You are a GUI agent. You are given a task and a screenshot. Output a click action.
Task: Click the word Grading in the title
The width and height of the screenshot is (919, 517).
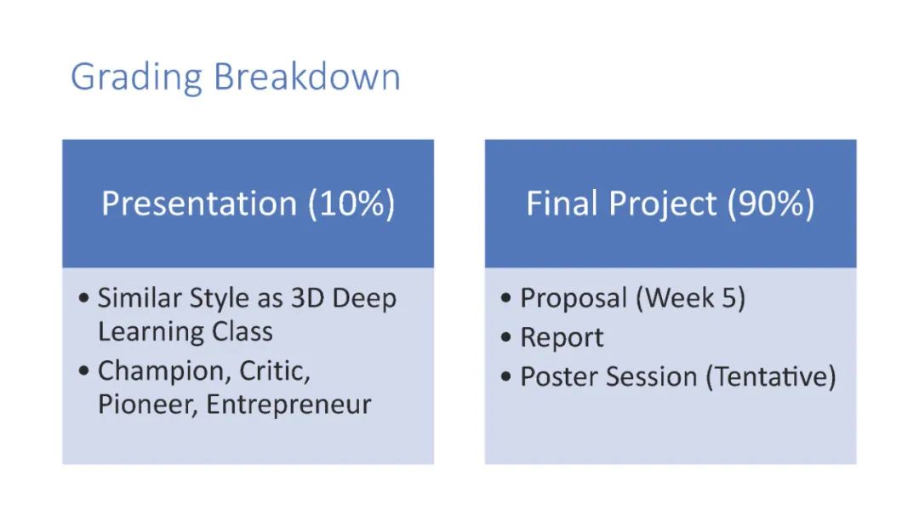tap(136, 78)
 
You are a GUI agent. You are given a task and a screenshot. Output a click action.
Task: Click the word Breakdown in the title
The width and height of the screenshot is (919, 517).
tap(307, 77)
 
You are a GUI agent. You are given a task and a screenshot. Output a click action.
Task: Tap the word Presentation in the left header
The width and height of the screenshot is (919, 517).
tap(199, 203)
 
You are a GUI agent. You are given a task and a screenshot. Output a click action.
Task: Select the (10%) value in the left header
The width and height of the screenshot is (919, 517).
tap(351, 204)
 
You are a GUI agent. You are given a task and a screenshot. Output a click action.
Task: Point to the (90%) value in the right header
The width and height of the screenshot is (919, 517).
tap(771, 204)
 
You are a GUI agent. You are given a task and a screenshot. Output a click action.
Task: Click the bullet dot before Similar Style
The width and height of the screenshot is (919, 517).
tap(83, 298)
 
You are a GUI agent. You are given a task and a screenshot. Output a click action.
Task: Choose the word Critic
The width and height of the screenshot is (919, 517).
tap(275, 371)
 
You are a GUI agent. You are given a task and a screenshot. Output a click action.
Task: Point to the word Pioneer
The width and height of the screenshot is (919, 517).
tap(148, 405)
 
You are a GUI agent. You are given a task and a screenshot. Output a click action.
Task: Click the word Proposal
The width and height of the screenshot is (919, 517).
tap(574, 299)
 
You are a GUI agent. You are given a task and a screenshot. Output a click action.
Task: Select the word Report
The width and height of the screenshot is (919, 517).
tap(562, 338)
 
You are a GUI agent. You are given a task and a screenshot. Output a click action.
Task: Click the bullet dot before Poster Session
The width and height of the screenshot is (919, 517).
tap(506, 376)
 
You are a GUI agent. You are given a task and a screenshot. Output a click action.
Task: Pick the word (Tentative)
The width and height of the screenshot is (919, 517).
tap(771, 376)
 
